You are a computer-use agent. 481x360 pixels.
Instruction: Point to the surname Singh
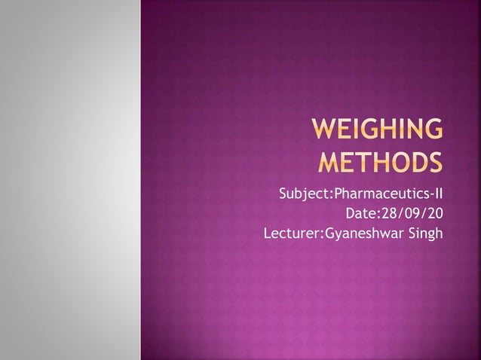[x=424, y=234]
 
